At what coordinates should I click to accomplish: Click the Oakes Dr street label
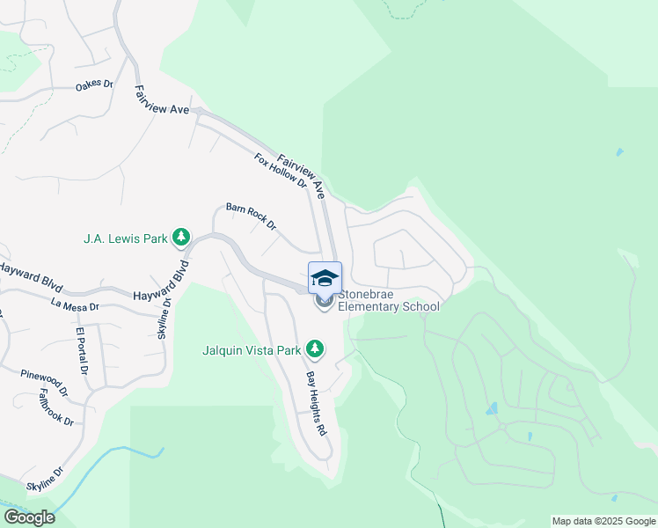click(95, 85)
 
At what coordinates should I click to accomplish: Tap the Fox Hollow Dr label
click(280, 172)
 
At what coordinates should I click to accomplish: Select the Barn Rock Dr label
click(251, 216)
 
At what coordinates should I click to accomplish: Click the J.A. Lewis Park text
click(125, 238)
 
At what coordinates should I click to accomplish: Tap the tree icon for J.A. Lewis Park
click(181, 237)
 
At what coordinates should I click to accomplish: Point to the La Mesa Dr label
click(75, 307)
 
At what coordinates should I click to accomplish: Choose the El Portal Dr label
click(82, 350)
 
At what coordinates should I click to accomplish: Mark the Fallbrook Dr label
click(55, 408)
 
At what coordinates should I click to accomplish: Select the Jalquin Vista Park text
click(252, 350)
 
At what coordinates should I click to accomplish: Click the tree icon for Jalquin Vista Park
click(315, 350)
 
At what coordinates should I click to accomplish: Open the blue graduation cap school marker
click(325, 278)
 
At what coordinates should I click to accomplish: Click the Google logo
click(29, 517)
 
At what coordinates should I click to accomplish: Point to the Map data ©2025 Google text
click(603, 521)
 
